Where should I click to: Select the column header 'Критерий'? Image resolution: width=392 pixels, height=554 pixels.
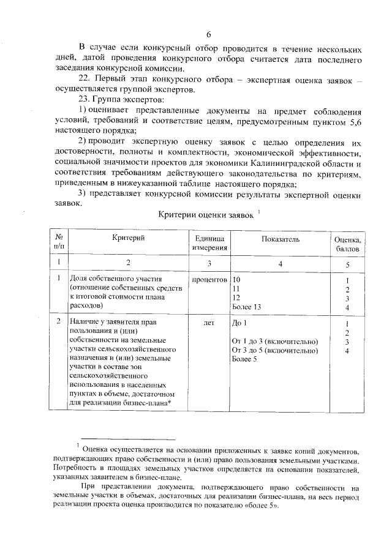[128, 239]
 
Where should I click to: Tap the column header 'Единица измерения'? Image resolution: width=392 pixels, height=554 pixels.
[209, 244]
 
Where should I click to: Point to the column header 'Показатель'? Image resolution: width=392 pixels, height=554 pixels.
[281, 239]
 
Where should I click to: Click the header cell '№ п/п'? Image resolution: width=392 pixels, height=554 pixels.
[59, 244]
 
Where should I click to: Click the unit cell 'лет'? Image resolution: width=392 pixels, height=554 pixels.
[209, 322]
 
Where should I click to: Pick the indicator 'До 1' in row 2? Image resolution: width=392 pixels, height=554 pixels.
[239, 322]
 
